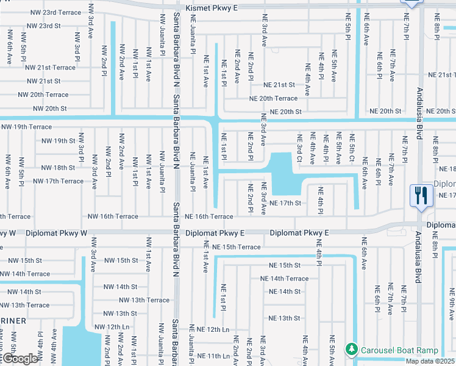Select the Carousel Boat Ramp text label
pyautogui.click(x=399, y=350)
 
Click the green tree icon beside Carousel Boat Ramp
pyautogui.click(x=351, y=350)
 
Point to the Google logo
pyautogui.click(x=20, y=359)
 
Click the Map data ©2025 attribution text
pyautogui.click(x=430, y=361)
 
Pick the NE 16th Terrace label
pyautogui.click(x=209, y=217)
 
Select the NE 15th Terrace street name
pyautogui.click(x=237, y=247)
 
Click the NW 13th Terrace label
pyautogui.click(x=144, y=300)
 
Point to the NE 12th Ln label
pyautogui.click(x=209, y=329)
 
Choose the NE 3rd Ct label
pyautogui.click(x=299, y=150)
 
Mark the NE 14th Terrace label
pyautogui.click(x=285, y=279)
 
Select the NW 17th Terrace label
pyautogui.click(x=58, y=181)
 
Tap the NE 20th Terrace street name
pyautogui.click(x=273, y=98)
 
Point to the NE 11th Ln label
pyautogui.click(x=208, y=356)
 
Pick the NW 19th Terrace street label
pyautogui.click(x=27, y=127)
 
